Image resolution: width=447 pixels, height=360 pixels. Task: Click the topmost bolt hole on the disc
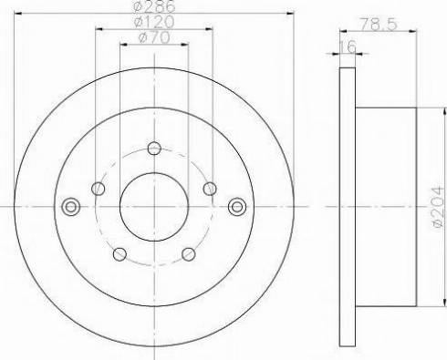(154, 148)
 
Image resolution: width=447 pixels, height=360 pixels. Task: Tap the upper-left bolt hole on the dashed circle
(99, 189)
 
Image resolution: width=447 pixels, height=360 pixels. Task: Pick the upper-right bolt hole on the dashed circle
(210, 189)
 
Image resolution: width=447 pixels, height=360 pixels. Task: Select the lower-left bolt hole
(120, 253)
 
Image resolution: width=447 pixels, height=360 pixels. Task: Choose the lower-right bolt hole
(188, 253)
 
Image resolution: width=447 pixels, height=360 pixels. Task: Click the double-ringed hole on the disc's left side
(68, 206)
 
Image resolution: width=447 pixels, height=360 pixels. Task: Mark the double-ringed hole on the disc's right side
(238, 206)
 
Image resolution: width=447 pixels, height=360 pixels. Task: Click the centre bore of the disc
(154, 206)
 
